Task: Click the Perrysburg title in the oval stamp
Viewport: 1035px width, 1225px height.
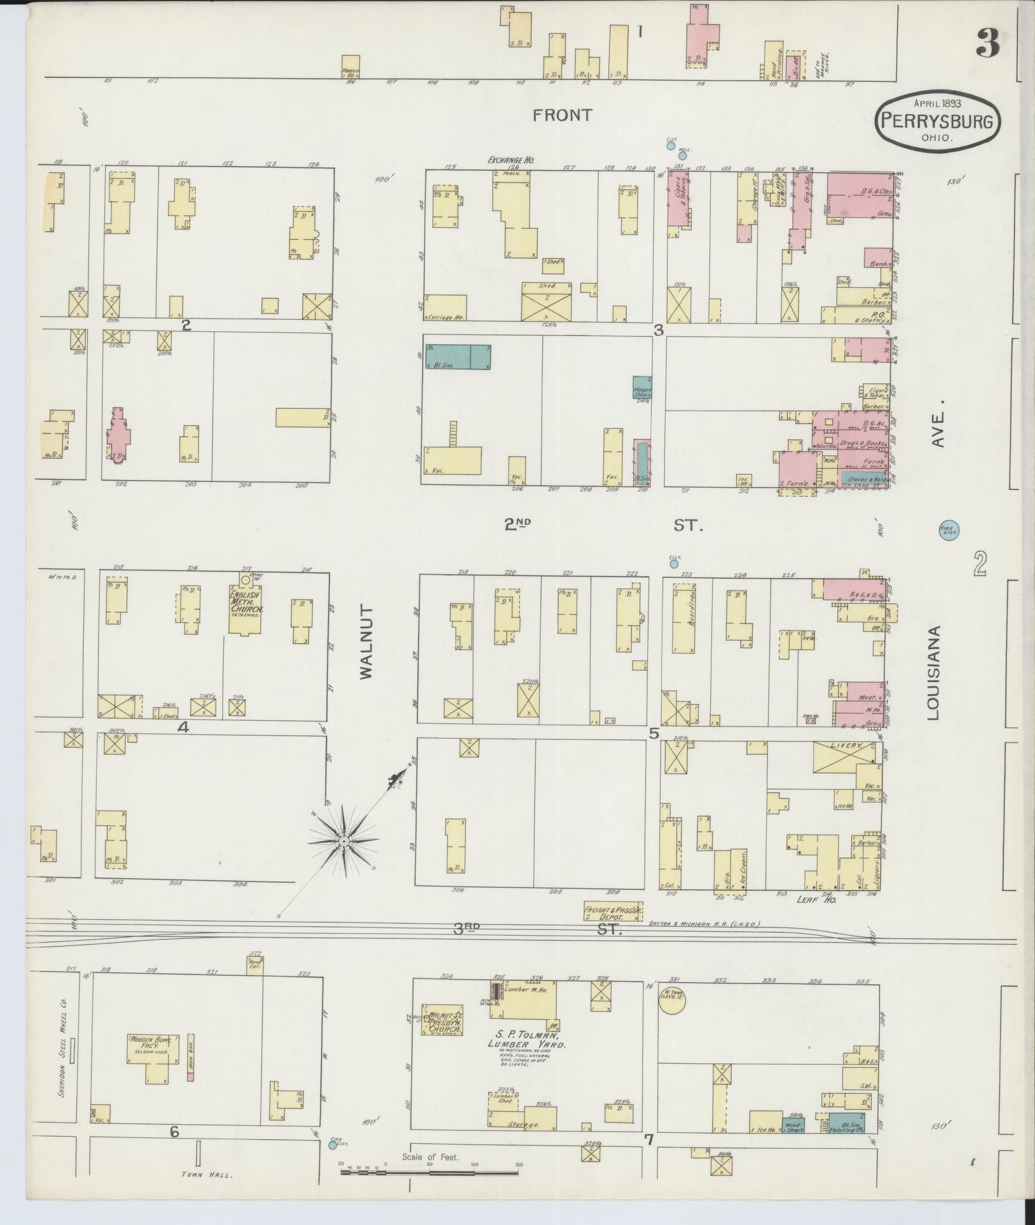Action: click(x=936, y=121)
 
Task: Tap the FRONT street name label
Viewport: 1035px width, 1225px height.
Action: click(x=563, y=115)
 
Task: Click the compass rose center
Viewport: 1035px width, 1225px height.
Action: click(x=343, y=842)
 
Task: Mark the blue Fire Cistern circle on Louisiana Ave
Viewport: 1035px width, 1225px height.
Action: click(x=949, y=530)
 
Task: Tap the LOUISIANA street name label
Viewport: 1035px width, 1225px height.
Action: click(x=933, y=674)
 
